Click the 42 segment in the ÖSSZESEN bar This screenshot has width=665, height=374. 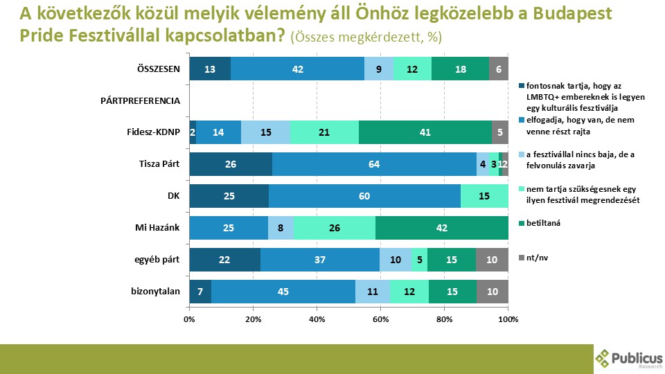[x=298, y=69]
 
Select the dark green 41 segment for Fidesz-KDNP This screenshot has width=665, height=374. [x=425, y=134]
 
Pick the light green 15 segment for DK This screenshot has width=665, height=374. [x=484, y=196]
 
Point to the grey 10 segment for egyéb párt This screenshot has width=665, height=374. [x=493, y=260]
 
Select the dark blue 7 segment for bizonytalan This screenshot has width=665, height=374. [x=200, y=292]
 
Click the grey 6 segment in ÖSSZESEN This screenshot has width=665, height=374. [x=499, y=69]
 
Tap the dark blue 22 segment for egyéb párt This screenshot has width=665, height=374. [x=224, y=260]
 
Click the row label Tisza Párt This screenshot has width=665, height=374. [x=160, y=164]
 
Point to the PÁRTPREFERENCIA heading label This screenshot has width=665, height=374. [x=141, y=100]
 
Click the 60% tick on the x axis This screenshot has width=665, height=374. [x=380, y=319]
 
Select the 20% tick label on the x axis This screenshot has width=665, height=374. [x=253, y=319]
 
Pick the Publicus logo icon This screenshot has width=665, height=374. [x=603, y=358]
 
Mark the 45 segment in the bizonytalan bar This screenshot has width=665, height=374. [x=283, y=292]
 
